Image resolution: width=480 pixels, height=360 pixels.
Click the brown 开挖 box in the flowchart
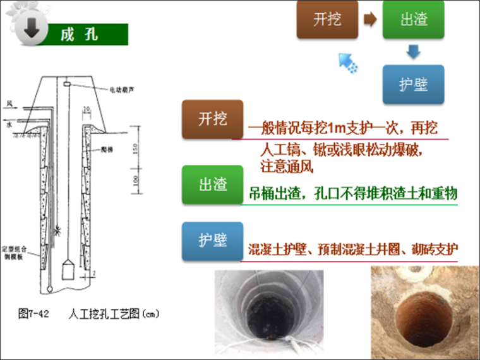pos(327,20)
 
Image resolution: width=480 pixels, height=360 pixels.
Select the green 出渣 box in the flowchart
pos(414,20)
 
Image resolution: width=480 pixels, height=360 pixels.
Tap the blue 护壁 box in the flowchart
pos(414,85)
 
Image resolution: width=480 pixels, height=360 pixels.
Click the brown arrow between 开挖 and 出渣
pos(370,20)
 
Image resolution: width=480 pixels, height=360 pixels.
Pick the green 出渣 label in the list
pos(212,185)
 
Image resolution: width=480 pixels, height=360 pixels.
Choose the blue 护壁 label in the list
pos(212,241)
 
